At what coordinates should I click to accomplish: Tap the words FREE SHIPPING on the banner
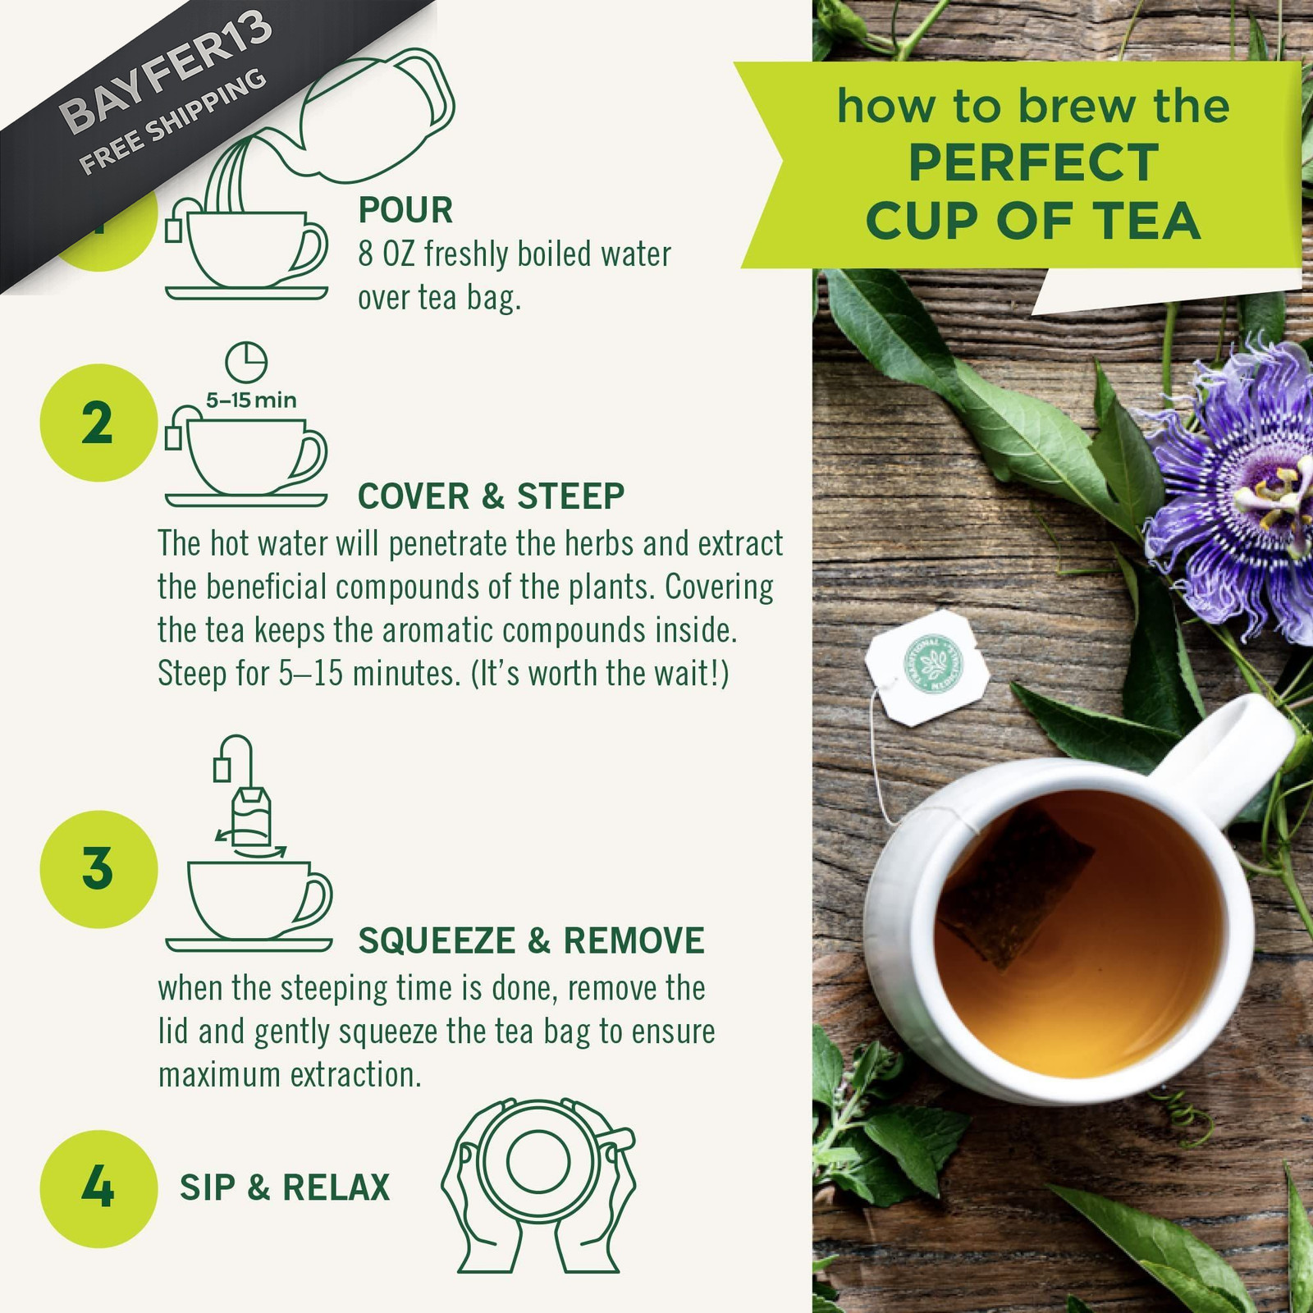click(173, 121)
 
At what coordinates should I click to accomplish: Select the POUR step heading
click(405, 210)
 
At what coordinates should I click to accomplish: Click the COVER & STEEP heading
click(491, 496)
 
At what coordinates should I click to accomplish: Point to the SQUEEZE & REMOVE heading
click(531, 940)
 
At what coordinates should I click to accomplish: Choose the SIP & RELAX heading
click(285, 1187)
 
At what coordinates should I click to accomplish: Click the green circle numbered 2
click(98, 423)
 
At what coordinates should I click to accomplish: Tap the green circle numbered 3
click(98, 869)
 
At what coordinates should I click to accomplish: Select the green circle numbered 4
click(98, 1188)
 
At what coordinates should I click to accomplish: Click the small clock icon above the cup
click(246, 363)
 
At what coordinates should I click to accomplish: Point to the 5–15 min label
click(251, 400)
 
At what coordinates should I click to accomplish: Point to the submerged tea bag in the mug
click(1016, 886)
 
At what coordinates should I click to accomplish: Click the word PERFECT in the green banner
click(1033, 162)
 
